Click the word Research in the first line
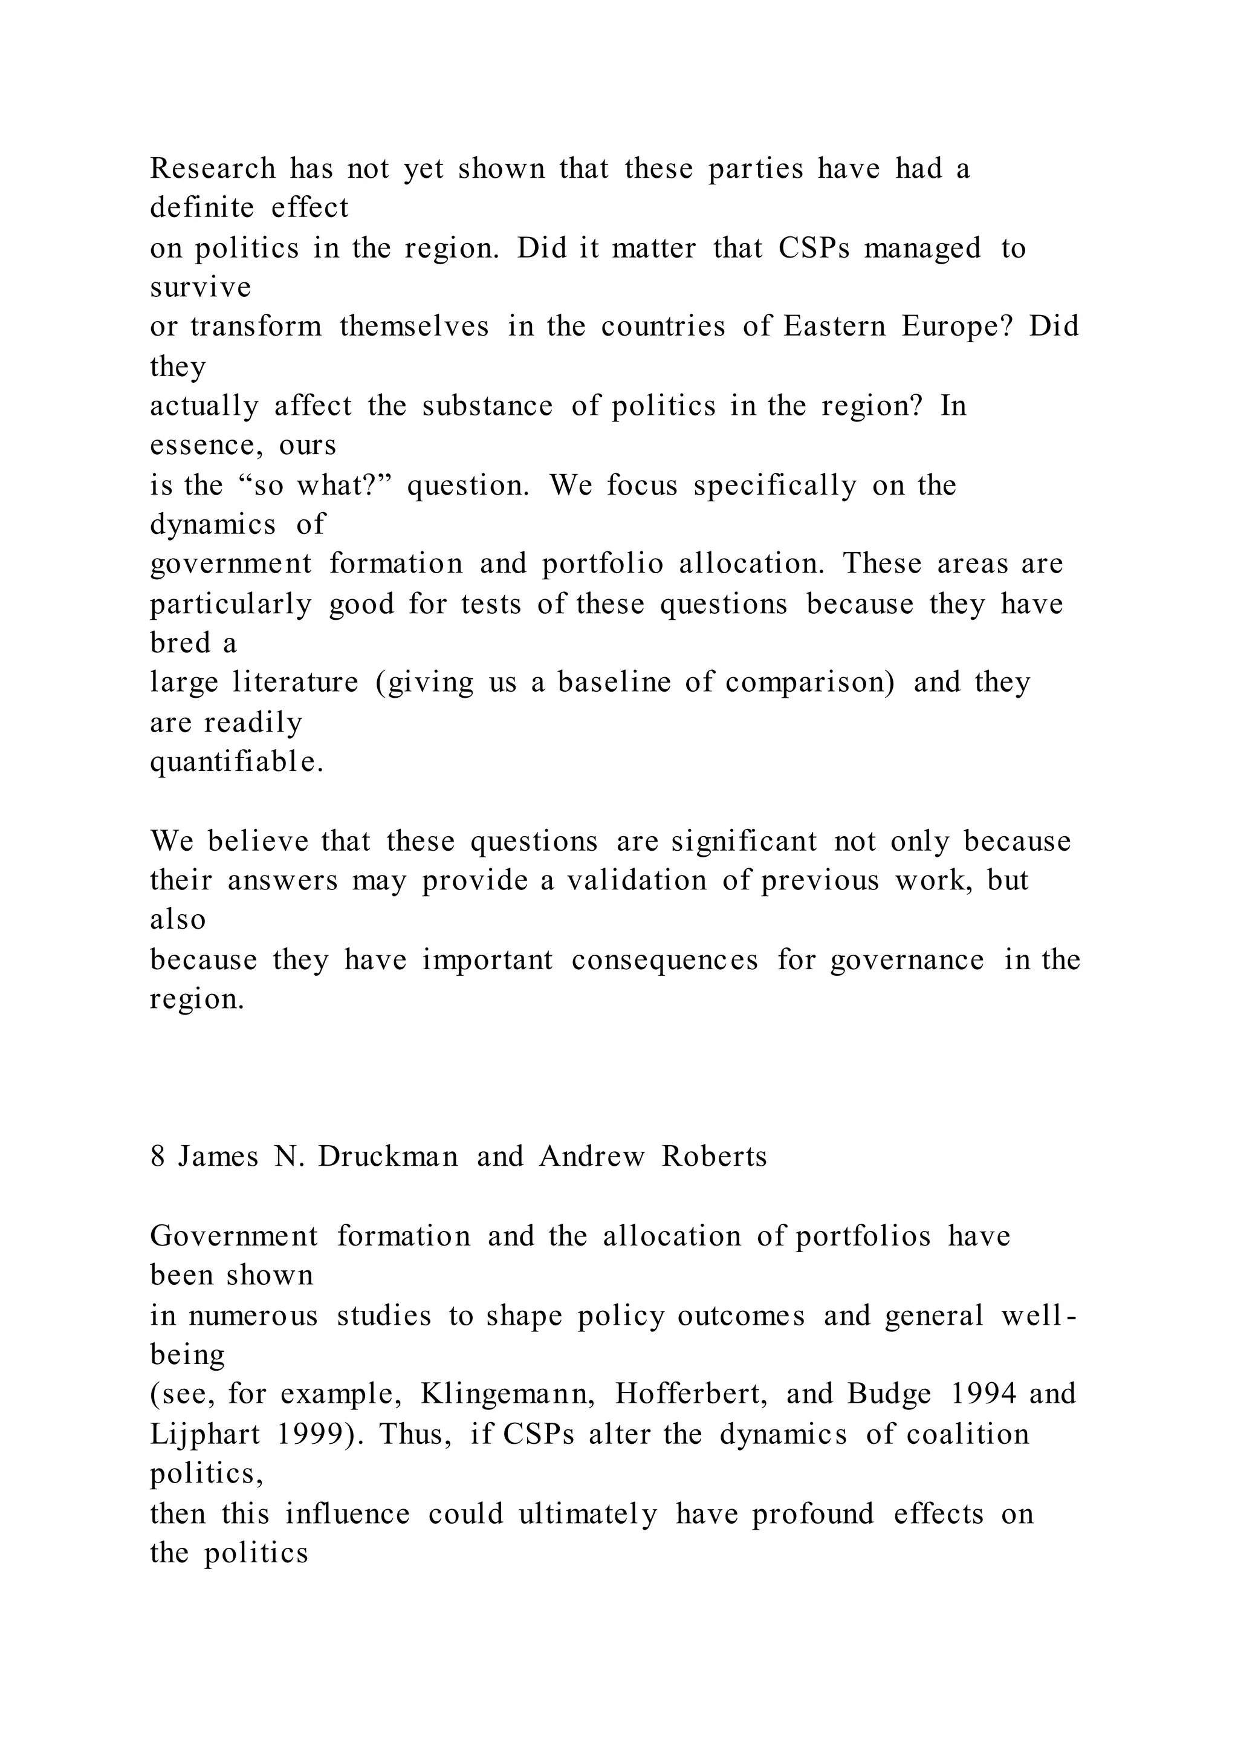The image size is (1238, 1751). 213,169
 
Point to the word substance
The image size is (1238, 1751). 487,406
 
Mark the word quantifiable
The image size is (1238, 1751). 237,762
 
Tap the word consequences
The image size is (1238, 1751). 665,960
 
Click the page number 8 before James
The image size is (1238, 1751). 158,1157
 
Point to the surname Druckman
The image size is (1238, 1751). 388,1157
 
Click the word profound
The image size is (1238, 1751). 812,1514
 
